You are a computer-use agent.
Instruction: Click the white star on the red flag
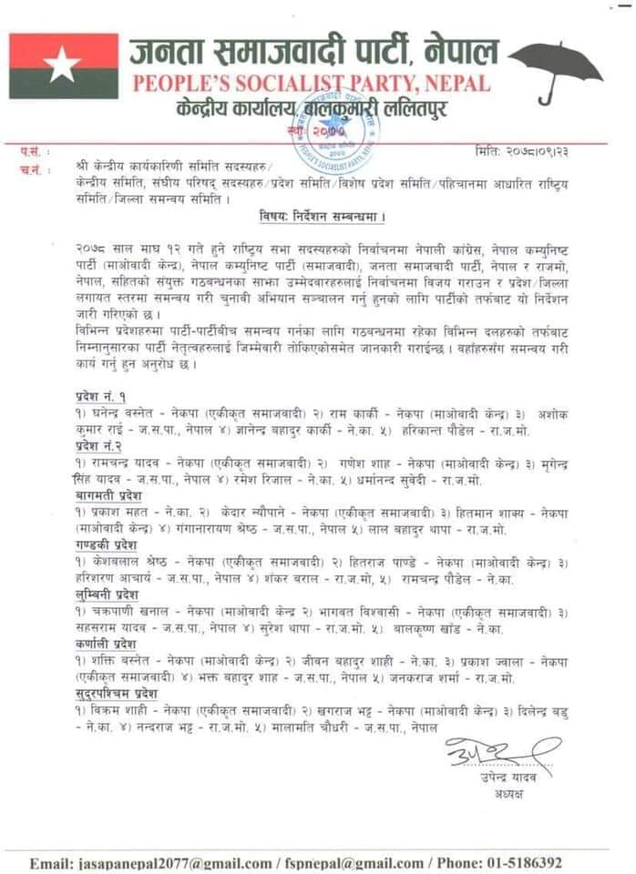(x=63, y=66)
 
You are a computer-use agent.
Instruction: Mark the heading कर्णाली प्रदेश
(x=101, y=643)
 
